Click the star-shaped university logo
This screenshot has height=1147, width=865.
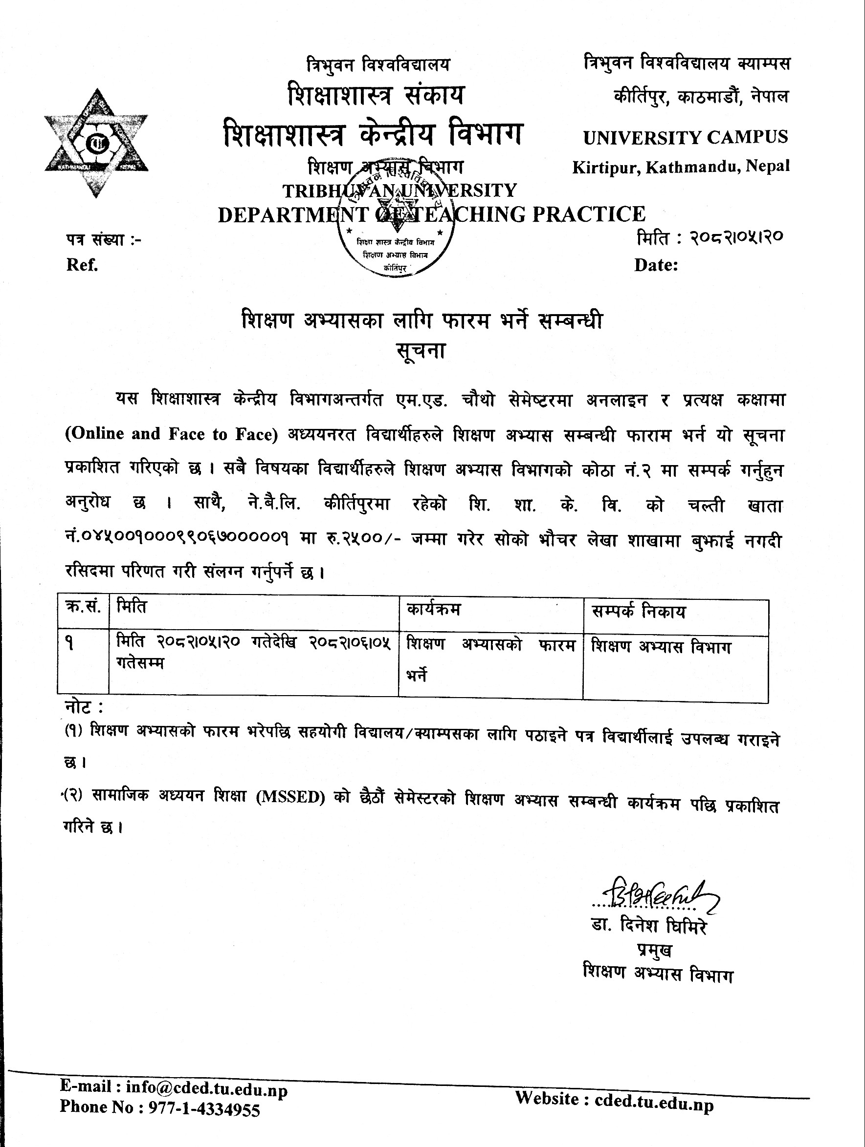click(96, 143)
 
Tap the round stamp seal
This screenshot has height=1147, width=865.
click(396, 231)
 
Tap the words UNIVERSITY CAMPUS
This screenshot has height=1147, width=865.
click(686, 137)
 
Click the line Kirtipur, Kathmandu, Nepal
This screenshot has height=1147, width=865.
click(681, 167)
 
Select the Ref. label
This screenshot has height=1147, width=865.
click(82, 265)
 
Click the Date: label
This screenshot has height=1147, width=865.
click(656, 265)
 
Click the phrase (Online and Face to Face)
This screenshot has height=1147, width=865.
click(170, 434)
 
